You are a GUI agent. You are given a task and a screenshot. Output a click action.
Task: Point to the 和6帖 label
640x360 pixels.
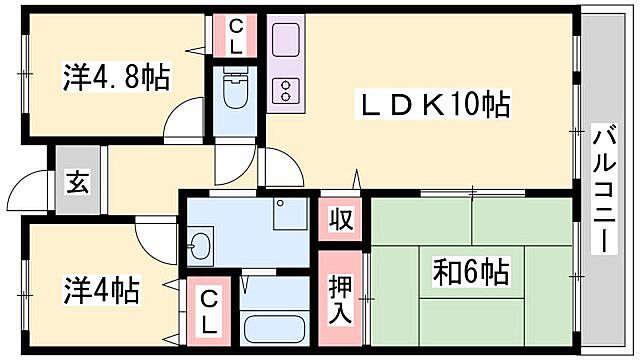click(471, 272)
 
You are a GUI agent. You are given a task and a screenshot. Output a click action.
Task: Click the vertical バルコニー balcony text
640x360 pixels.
click(603, 190)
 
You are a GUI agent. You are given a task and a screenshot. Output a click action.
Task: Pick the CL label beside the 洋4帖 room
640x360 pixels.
click(209, 309)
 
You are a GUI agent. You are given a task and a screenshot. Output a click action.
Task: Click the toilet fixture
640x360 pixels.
click(234, 93)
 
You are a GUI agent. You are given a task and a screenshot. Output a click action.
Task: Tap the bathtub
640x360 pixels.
click(275, 328)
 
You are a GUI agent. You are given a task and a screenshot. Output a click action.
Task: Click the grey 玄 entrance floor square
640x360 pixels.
click(77, 181)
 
